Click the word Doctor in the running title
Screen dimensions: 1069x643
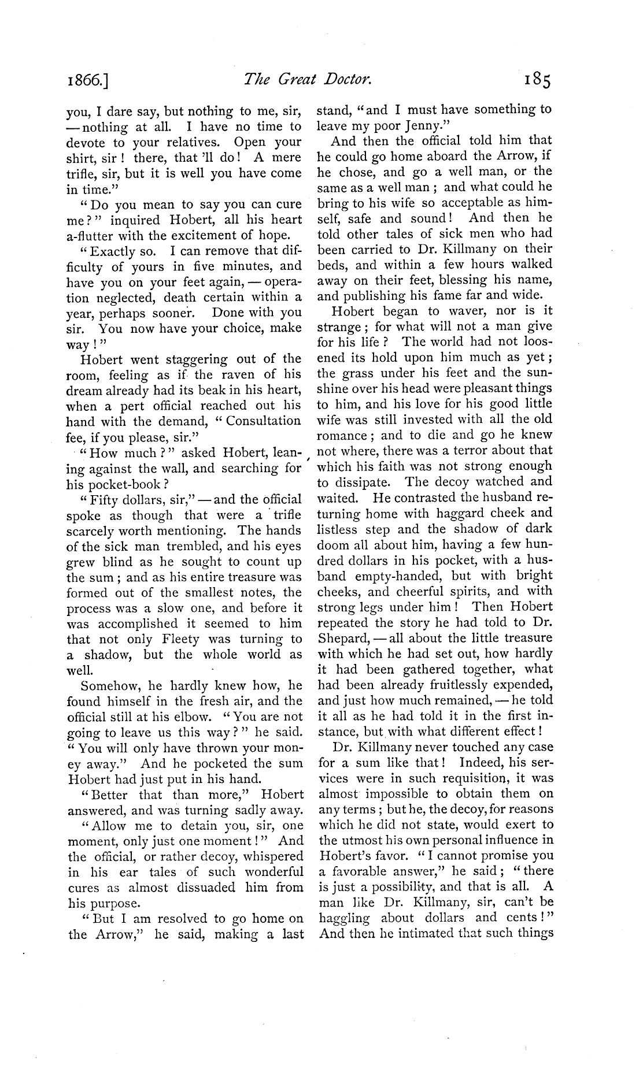[341, 79]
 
